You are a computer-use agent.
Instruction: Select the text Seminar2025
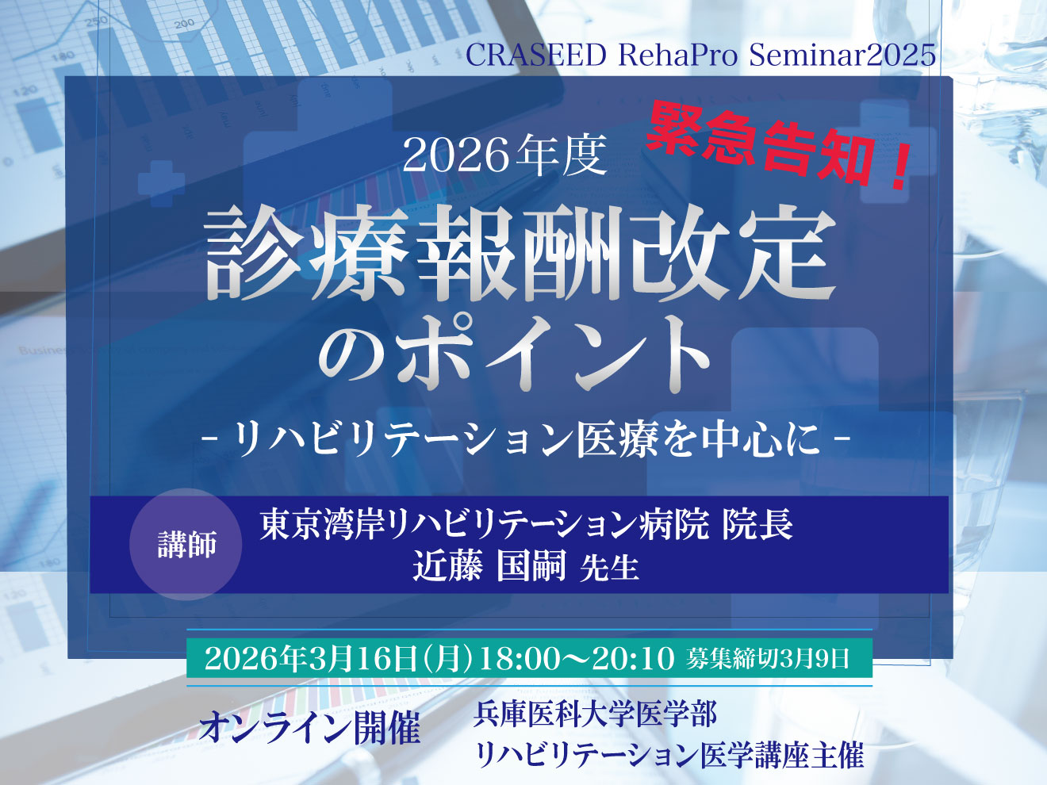(842, 56)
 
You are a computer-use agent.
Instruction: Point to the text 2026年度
(504, 155)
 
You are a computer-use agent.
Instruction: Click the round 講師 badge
(186, 545)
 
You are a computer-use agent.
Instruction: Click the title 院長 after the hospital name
(757, 525)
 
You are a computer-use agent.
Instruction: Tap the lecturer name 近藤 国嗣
(489, 567)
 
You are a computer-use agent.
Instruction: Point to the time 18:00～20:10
(576, 659)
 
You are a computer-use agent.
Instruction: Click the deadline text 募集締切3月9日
(769, 659)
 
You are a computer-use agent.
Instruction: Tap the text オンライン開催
(309, 727)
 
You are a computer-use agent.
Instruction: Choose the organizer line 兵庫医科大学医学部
(595, 714)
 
